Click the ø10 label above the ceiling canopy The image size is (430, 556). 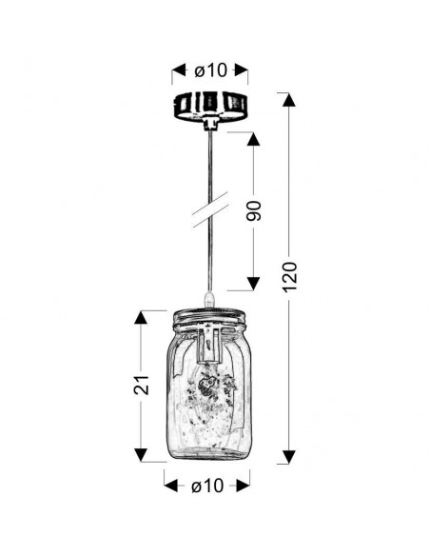(210, 70)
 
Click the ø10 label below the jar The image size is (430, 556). (207, 486)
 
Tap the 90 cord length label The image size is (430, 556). (254, 211)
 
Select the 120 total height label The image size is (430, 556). (289, 277)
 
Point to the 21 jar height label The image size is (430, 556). (142, 385)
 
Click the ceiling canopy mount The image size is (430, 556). (210, 106)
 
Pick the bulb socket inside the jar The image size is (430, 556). (210, 345)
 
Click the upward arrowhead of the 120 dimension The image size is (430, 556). (289, 100)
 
